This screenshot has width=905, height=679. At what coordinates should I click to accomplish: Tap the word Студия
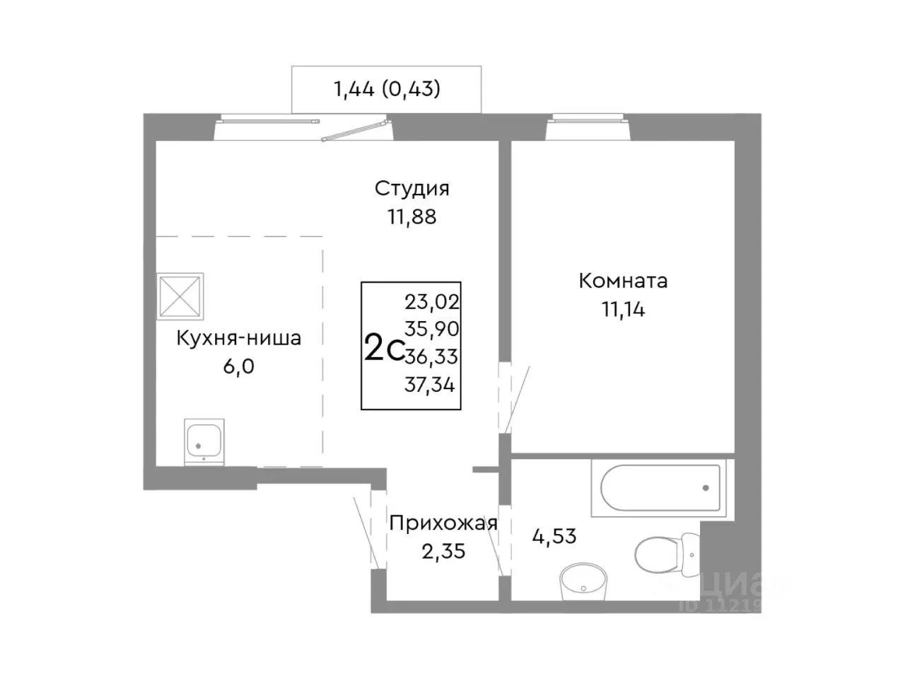point(411,188)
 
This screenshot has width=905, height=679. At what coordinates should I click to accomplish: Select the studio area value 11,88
point(411,216)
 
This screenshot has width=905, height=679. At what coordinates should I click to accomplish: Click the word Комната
point(623,281)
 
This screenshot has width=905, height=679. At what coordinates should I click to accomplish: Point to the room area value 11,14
point(623,309)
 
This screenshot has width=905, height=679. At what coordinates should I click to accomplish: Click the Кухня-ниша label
point(238,338)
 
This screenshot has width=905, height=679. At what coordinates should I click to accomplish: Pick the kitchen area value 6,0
point(238,366)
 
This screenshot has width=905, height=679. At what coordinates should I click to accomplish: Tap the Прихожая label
point(443,523)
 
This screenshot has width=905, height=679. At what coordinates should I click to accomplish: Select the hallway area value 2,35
point(443,551)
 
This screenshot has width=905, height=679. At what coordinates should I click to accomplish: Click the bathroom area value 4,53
point(554,536)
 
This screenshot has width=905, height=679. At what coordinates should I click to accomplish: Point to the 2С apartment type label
point(383,349)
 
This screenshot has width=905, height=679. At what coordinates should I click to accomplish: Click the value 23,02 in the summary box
point(431,302)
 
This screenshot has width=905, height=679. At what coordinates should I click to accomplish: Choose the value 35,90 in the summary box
point(431,329)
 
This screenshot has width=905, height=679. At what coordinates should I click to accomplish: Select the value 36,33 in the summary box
point(431,356)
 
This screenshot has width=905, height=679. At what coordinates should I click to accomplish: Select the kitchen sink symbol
point(204,441)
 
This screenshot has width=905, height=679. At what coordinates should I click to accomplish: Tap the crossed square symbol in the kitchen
point(180,296)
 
